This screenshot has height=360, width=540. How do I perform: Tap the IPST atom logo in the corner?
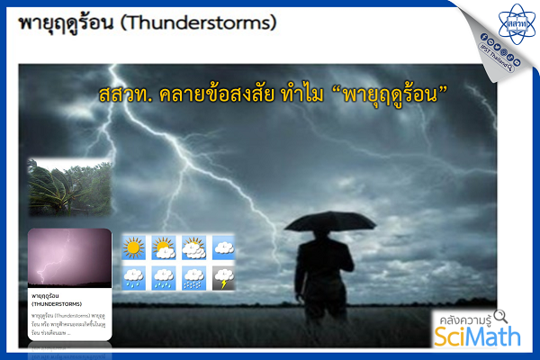click(x=516, y=19)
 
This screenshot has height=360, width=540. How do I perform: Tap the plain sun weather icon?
click(x=133, y=246)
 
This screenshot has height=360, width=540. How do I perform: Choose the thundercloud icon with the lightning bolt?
click(x=222, y=277)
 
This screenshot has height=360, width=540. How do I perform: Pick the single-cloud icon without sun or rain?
click(x=222, y=246)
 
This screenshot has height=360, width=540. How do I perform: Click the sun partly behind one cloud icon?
click(x=163, y=246)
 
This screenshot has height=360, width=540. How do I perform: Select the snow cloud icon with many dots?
click(x=193, y=277)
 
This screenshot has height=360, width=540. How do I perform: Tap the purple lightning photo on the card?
click(x=69, y=257)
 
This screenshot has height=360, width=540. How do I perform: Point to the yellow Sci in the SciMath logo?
click(x=449, y=336)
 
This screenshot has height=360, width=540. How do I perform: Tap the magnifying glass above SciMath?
click(x=501, y=317)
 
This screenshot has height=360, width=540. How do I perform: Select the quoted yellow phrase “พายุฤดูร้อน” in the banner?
click(x=391, y=94)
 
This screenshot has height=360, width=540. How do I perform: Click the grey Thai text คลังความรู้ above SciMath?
click(x=463, y=318)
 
